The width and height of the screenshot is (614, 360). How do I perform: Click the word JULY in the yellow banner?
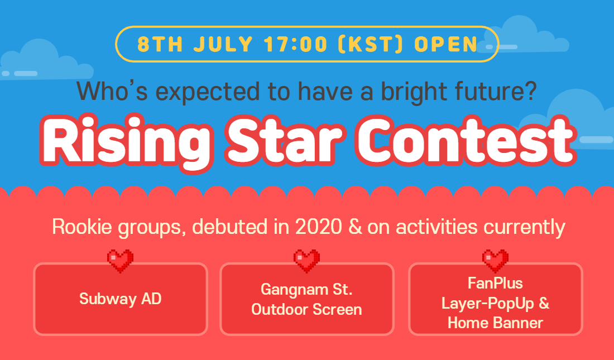click(x=223, y=44)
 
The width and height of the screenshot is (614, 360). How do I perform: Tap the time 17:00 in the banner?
click(x=295, y=44)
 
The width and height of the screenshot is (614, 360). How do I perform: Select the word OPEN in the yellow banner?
click(x=446, y=44)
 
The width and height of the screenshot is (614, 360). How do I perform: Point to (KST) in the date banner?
click(x=371, y=44)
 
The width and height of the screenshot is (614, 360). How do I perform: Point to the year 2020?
click(x=318, y=227)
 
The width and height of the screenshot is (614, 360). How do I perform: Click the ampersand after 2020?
click(x=355, y=227)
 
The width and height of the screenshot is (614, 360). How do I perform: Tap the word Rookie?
click(x=82, y=227)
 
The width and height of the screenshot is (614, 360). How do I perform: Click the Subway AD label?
click(x=120, y=299)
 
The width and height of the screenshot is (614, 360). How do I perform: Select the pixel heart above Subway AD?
click(x=120, y=261)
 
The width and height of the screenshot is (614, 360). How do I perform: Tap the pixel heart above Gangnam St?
click(x=306, y=261)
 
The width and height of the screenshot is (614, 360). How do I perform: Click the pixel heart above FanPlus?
click(x=495, y=261)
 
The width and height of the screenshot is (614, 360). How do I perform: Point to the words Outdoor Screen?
click(x=306, y=309)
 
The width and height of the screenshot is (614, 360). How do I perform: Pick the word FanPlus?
click(x=495, y=283)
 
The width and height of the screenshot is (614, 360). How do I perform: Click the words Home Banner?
click(x=495, y=323)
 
